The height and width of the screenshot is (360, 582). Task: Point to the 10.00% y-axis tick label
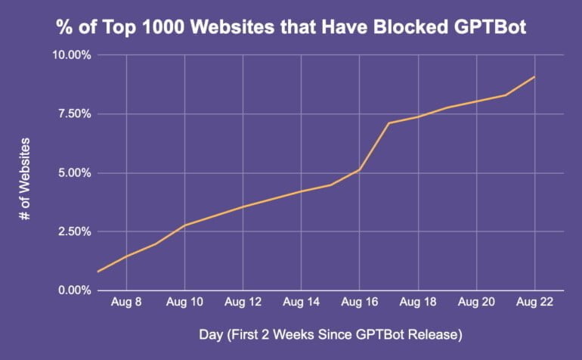tap(71, 55)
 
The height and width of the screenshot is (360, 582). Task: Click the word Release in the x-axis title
tap(434, 334)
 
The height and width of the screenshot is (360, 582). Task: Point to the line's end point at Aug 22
tap(534, 77)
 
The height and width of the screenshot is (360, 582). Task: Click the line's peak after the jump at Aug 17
tap(389, 123)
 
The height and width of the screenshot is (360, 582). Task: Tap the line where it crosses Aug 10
tap(184, 225)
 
